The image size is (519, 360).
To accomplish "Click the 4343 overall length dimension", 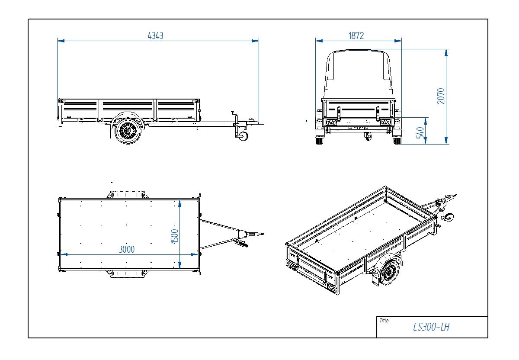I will pyautogui.click(x=155, y=36).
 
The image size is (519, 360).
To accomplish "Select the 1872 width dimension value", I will pyautogui.click(x=356, y=36).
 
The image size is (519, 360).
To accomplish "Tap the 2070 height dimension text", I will pyautogui.click(x=441, y=96).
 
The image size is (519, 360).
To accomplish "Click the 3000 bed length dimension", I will pyautogui.click(x=127, y=249).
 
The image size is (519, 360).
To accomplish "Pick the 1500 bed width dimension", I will pyautogui.click(x=174, y=236).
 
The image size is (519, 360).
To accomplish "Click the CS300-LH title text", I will pyautogui.click(x=431, y=327).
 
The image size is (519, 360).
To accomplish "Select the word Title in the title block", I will pyautogui.click(x=384, y=321).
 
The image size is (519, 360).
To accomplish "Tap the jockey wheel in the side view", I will pyautogui.click(x=242, y=136).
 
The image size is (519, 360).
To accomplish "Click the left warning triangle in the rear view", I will pyautogui.click(x=331, y=123).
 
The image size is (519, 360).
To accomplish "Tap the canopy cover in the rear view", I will pyautogui.click(x=358, y=74).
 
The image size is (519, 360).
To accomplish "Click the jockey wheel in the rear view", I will pyautogui.click(x=368, y=137).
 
